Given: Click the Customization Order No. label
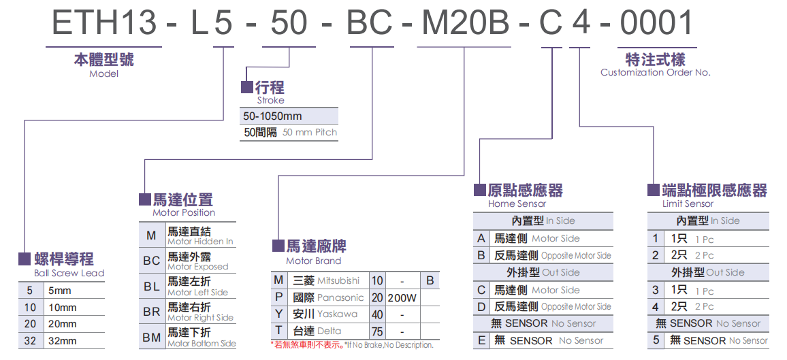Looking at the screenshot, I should point(655,72).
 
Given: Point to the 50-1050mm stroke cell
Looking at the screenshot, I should point(272,116).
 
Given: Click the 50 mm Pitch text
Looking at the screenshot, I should point(310,132).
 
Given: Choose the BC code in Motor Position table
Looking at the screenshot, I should point(151,261).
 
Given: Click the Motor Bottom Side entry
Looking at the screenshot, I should point(202,344).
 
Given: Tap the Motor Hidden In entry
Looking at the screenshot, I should point(200,241).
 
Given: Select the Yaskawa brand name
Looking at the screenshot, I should point(337,314).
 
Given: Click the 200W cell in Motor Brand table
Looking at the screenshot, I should point(402,298).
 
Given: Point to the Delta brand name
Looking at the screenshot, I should point(330,331).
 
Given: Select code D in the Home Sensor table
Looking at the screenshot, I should point(481,306).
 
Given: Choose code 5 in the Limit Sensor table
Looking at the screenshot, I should point(656,340).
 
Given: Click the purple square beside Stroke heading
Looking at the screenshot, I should point(247,88).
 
